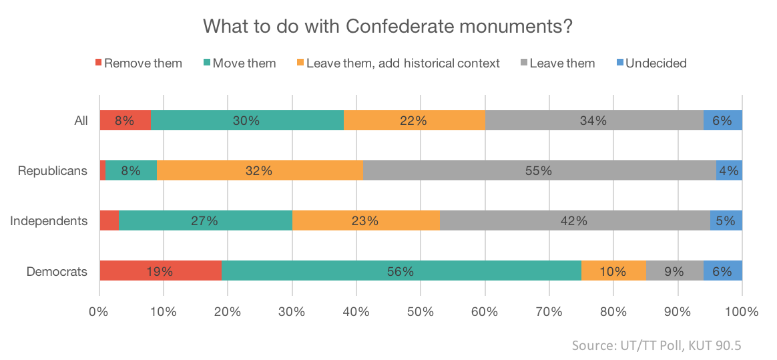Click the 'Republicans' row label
pyautogui.click(x=53, y=170)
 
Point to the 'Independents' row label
pyautogui.click(x=49, y=220)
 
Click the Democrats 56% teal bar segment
pyautogui.click(x=401, y=271)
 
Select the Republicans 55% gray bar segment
pyautogui.click(x=539, y=170)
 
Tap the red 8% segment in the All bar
pyautogui.click(x=125, y=121)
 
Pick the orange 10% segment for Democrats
pyautogui.click(x=613, y=271)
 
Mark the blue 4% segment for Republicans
pyautogui.click(x=729, y=170)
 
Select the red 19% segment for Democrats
pyautogui.click(x=160, y=271)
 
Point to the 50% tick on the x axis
pyautogui.click(x=421, y=311)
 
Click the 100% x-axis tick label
pyautogui.click(x=742, y=311)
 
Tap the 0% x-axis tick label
pyautogui.click(x=99, y=311)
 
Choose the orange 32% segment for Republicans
pyautogui.click(x=260, y=170)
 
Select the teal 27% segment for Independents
pyautogui.click(x=205, y=220)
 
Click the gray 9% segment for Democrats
pyautogui.click(x=674, y=271)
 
